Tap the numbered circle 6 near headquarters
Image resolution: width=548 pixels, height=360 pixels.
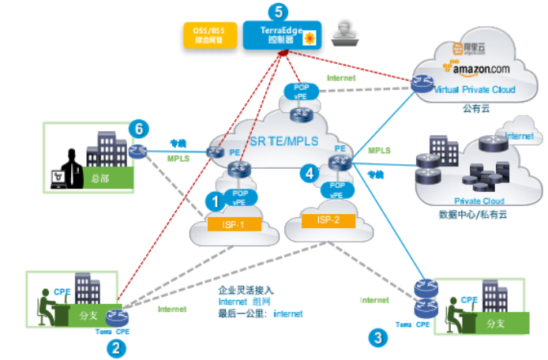(x=139, y=126)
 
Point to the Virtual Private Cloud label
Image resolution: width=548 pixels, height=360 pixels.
(x=476, y=90)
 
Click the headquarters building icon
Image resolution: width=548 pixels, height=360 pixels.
(x=105, y=155)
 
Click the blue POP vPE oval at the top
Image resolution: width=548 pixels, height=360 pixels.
(x=301, y=91)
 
